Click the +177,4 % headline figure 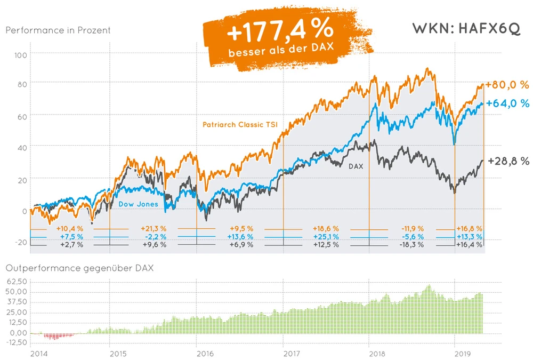pyautogui.click(x=280, y=32)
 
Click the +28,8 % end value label pyautogui.click(x=508, y=161)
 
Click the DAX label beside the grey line pyautogui.click(x=356, y=166)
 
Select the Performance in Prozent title pyautogui.click(x=58, y=30)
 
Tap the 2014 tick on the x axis pyautogui.click(x=37, y=354)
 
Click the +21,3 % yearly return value pyautogui.click(x=155, y=228)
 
